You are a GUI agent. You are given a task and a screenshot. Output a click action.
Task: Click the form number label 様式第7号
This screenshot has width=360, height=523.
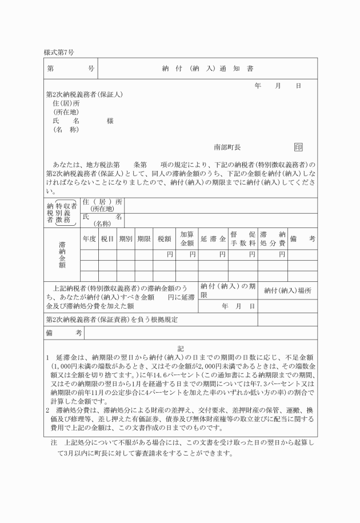click(59, 53)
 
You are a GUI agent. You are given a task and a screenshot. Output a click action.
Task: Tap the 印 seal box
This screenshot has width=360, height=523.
click(298, 147)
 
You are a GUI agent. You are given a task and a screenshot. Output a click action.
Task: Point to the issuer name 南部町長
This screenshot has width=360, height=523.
click(227, 147)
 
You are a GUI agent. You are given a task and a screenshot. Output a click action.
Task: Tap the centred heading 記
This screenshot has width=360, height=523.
click(180, 348)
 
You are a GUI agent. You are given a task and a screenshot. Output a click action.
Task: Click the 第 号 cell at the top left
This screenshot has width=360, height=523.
click(71, 69)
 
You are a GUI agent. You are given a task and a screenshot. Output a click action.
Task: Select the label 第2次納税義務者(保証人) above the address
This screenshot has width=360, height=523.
click(85, 94)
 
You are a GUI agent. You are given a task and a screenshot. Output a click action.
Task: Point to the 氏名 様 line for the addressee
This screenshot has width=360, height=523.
click(83, 121)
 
